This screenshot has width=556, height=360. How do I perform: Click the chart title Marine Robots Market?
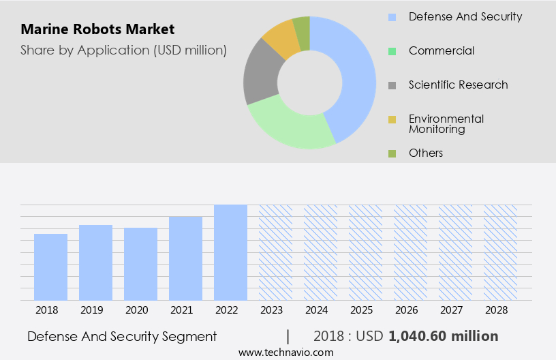(97, 29)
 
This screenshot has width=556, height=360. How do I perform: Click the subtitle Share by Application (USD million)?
(123, 50)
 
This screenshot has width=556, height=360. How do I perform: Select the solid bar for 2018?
(50, 267)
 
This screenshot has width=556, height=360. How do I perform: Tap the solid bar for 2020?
(140, 264)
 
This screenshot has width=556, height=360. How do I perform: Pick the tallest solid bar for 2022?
(230, 252)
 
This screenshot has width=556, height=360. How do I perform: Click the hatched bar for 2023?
(275, 252)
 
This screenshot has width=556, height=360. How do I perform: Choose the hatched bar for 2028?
(500, 252)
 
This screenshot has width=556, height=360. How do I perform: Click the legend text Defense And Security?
(465, 16)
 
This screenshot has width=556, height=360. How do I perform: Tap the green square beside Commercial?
(392, 51)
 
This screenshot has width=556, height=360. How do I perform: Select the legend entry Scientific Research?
(458, 85)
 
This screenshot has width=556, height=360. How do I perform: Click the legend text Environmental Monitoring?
(446, 123)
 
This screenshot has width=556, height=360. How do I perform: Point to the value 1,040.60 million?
(443, 336)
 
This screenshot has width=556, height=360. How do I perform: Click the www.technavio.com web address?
(285, 352)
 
